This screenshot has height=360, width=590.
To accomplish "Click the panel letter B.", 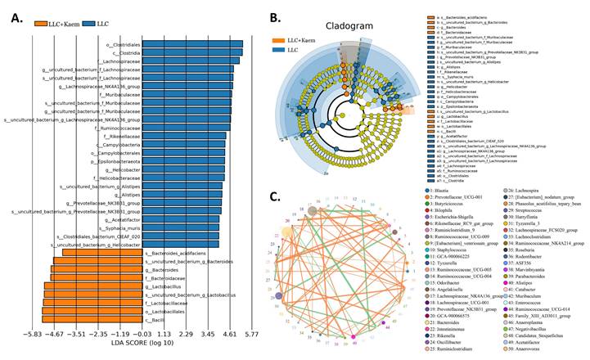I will tap(277, 16).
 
